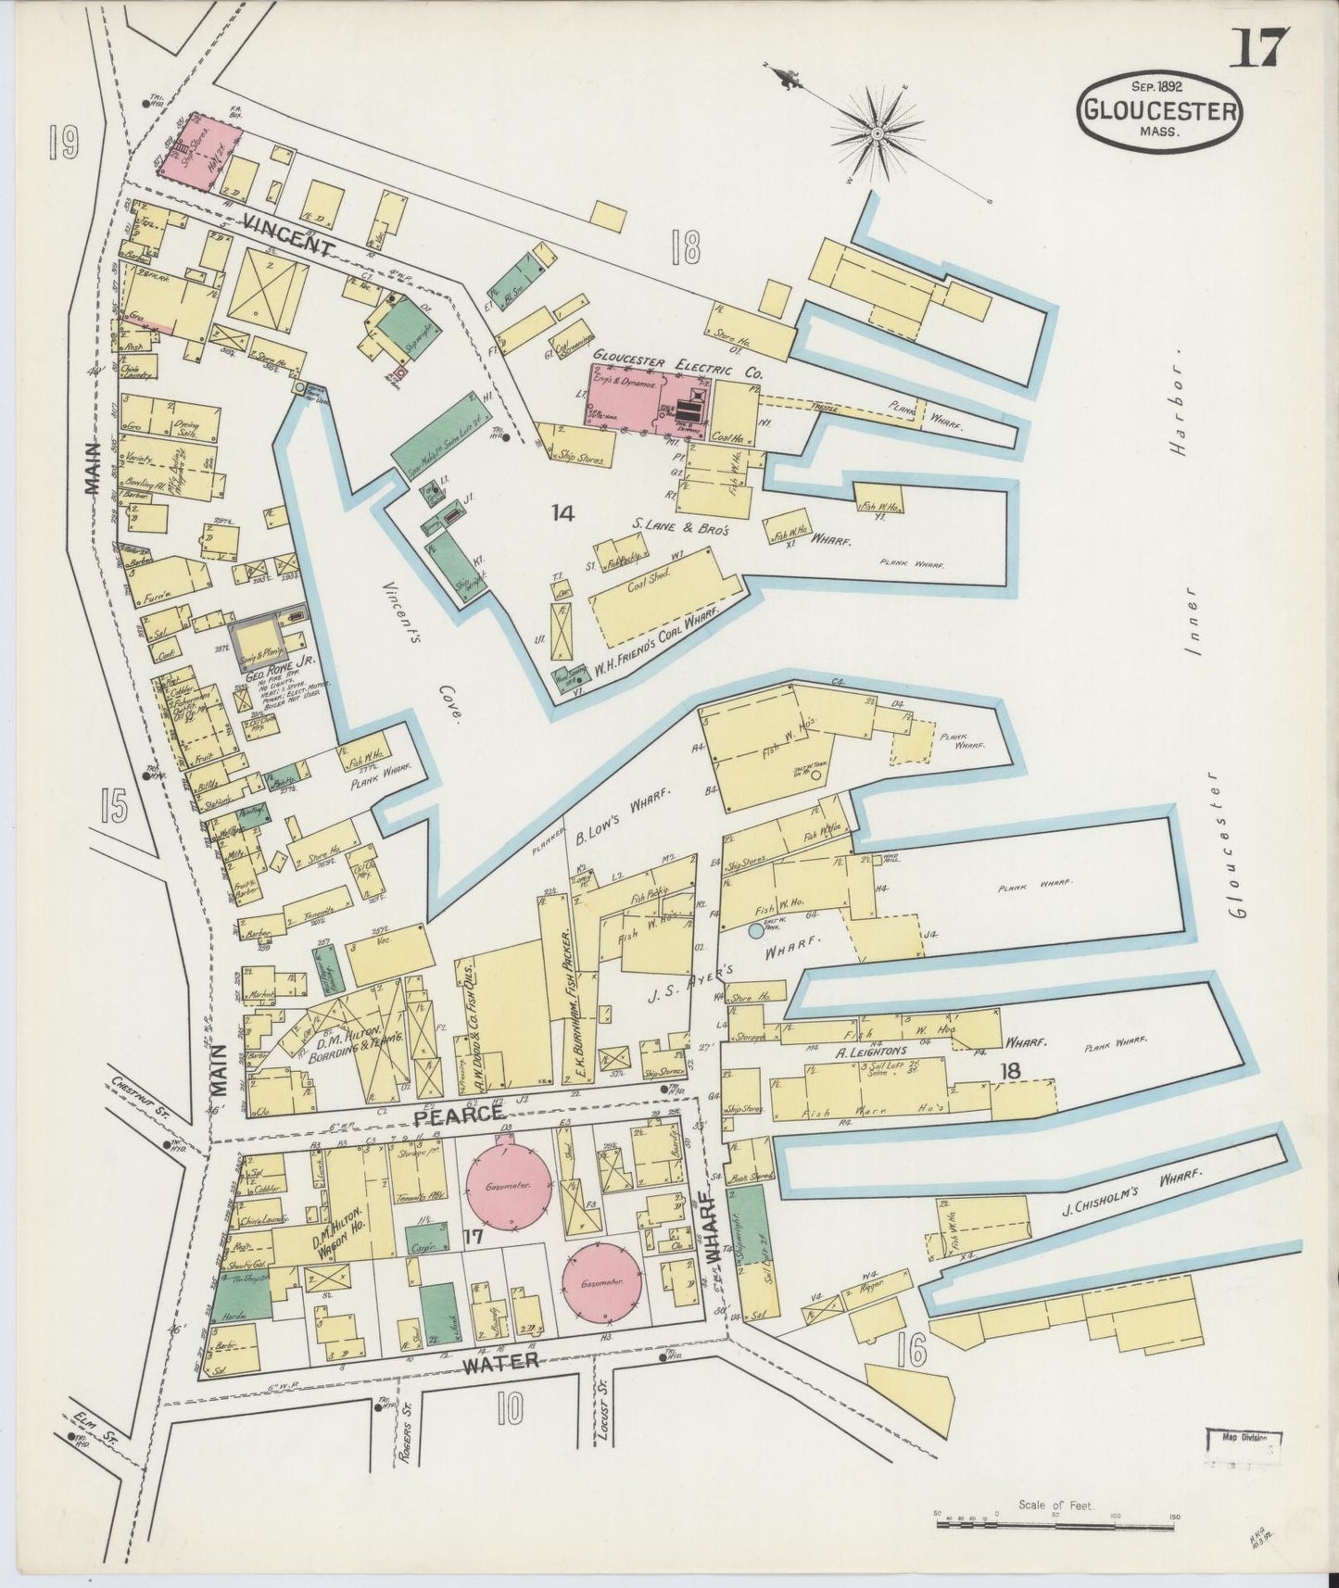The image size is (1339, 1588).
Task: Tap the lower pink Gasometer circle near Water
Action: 604,1283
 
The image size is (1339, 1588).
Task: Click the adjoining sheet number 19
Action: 64,143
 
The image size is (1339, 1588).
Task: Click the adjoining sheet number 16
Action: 911,1352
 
